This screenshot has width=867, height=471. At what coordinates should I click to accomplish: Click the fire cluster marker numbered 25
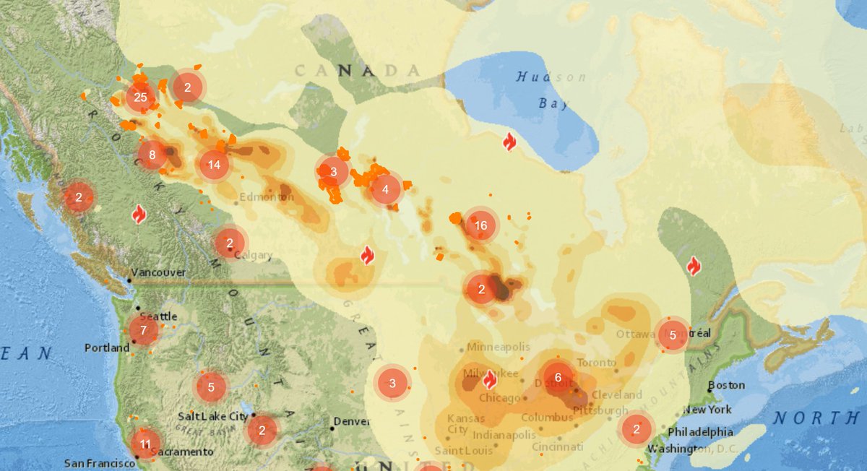pyautogui.click(x=140, y=98)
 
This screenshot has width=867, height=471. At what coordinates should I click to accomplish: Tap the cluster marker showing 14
pyautogui.click(x=214, y=165)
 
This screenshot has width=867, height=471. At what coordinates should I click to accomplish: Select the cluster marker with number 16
pyautogui.click(x=481, y=225)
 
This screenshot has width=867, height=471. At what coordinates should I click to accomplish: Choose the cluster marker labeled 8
pyautogui.click(x=152, y=154)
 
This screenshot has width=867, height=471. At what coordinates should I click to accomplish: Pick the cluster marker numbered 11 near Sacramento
pyautogui.click(x=145, y=444)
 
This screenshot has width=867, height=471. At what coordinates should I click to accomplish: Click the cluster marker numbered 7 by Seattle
pyautogui.click(x=144, y=330)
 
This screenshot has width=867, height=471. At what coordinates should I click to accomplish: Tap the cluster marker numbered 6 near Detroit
pyautogui.click(x=558, y=377)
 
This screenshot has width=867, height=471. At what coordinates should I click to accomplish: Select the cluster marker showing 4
pyautogui.click(x=385, y=189)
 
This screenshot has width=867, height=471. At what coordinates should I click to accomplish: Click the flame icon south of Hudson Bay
pyautogui.click(x=509, y=142)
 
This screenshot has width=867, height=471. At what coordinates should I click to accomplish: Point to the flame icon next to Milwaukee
pyautogui.click(x=489, y=379)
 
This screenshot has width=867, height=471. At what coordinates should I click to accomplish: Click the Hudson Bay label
pyautogui.click(x=551, y=90)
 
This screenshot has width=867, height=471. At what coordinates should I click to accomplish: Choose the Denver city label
pyautogui.click(x=352, y=421)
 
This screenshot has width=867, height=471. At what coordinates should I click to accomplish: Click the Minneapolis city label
pyautogui.click(x=498, y=347)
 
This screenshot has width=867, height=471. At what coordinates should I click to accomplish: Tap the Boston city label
pyautogui.click(x=726, y=385)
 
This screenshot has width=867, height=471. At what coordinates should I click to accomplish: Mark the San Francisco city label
pyautogui.click(x=100, y=463)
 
